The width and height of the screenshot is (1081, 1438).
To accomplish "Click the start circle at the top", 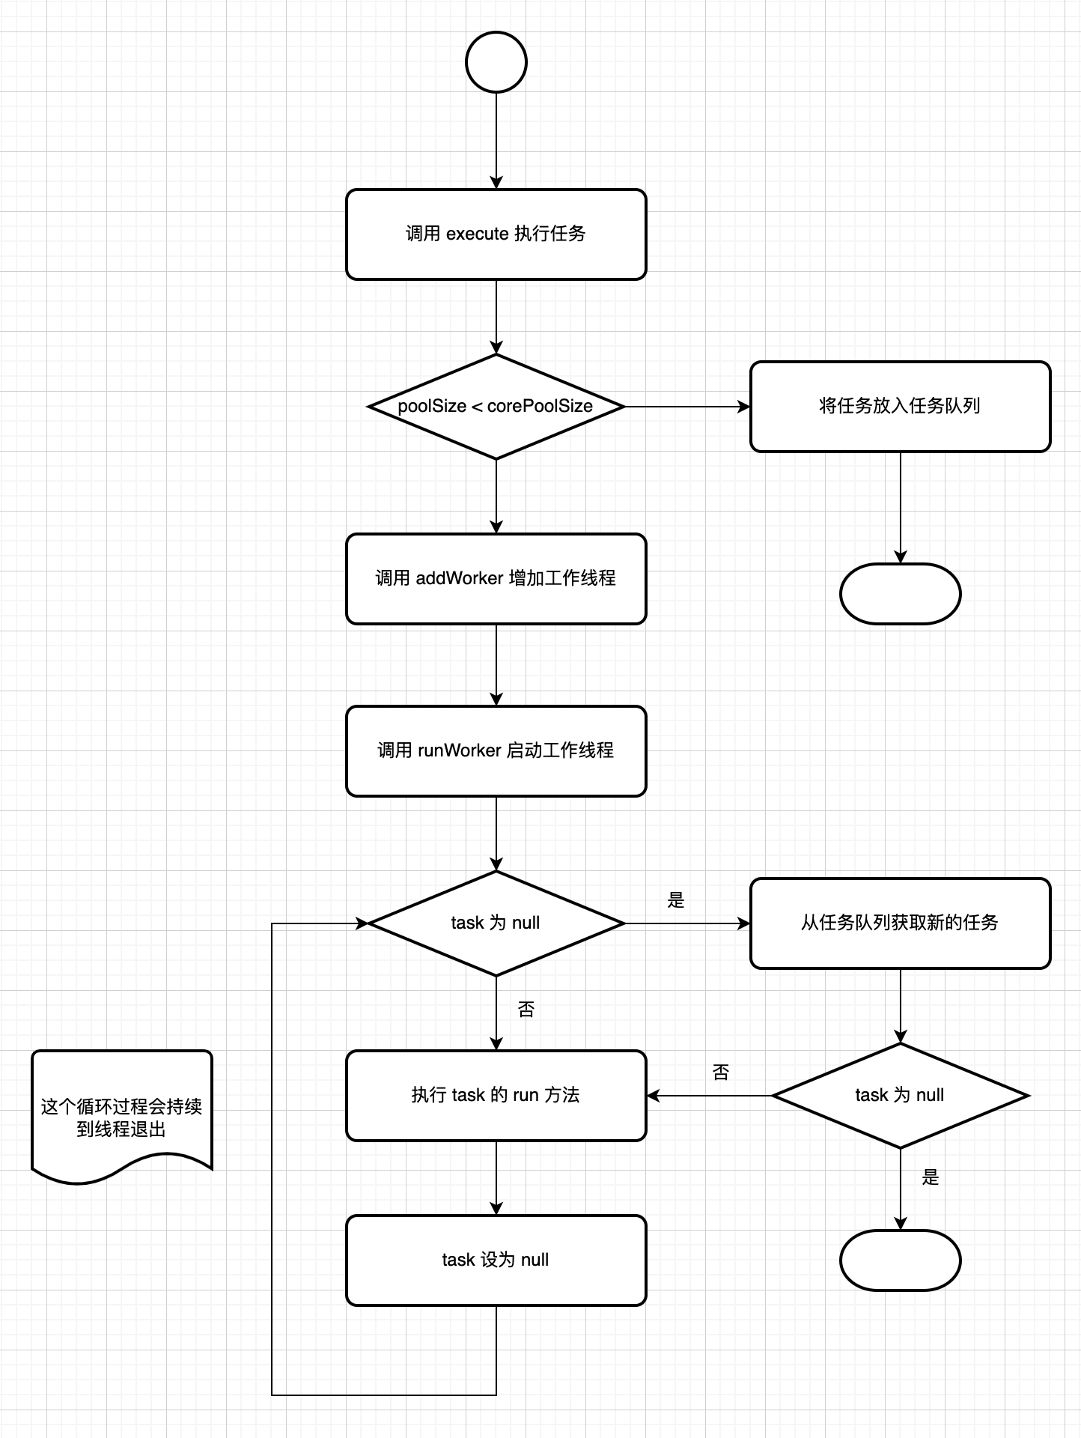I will (496, 62).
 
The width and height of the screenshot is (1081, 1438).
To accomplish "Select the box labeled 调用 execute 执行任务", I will (496, 234).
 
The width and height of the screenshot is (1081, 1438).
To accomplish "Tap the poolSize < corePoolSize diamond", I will (496, 407).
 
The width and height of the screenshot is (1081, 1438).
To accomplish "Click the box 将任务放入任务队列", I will (900, 407).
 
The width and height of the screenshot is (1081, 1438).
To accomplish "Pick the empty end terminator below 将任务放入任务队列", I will (900, 594).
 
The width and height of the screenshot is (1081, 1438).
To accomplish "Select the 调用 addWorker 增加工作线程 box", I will (496, 579).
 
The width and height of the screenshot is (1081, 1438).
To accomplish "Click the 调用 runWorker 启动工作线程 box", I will (496, 751).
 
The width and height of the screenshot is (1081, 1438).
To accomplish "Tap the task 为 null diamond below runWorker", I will (496, 923).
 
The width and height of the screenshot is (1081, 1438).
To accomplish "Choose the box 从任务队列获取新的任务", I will (900, 923).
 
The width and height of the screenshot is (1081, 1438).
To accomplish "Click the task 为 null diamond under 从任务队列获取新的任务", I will (900, 1096).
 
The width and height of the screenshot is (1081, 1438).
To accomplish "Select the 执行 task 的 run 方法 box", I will (496, 1096).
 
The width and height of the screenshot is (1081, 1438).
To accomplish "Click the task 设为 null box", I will (496, 1260).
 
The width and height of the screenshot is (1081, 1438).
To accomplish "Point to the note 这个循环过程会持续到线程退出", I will (121, 1116).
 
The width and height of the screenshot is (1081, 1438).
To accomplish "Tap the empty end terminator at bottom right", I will (900, 1260).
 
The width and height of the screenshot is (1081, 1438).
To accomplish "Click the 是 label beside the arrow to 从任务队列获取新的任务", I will (676, 900).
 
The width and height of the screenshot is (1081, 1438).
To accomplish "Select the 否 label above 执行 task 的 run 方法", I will (526, 1010).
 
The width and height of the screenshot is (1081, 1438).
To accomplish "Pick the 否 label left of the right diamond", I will (721, 1073).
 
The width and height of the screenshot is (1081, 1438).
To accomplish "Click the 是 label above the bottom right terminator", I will (931, 1177).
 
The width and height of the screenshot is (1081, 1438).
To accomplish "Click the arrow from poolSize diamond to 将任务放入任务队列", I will (687, 407).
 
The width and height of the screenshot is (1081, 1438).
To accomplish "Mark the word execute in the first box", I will (478, 234).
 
